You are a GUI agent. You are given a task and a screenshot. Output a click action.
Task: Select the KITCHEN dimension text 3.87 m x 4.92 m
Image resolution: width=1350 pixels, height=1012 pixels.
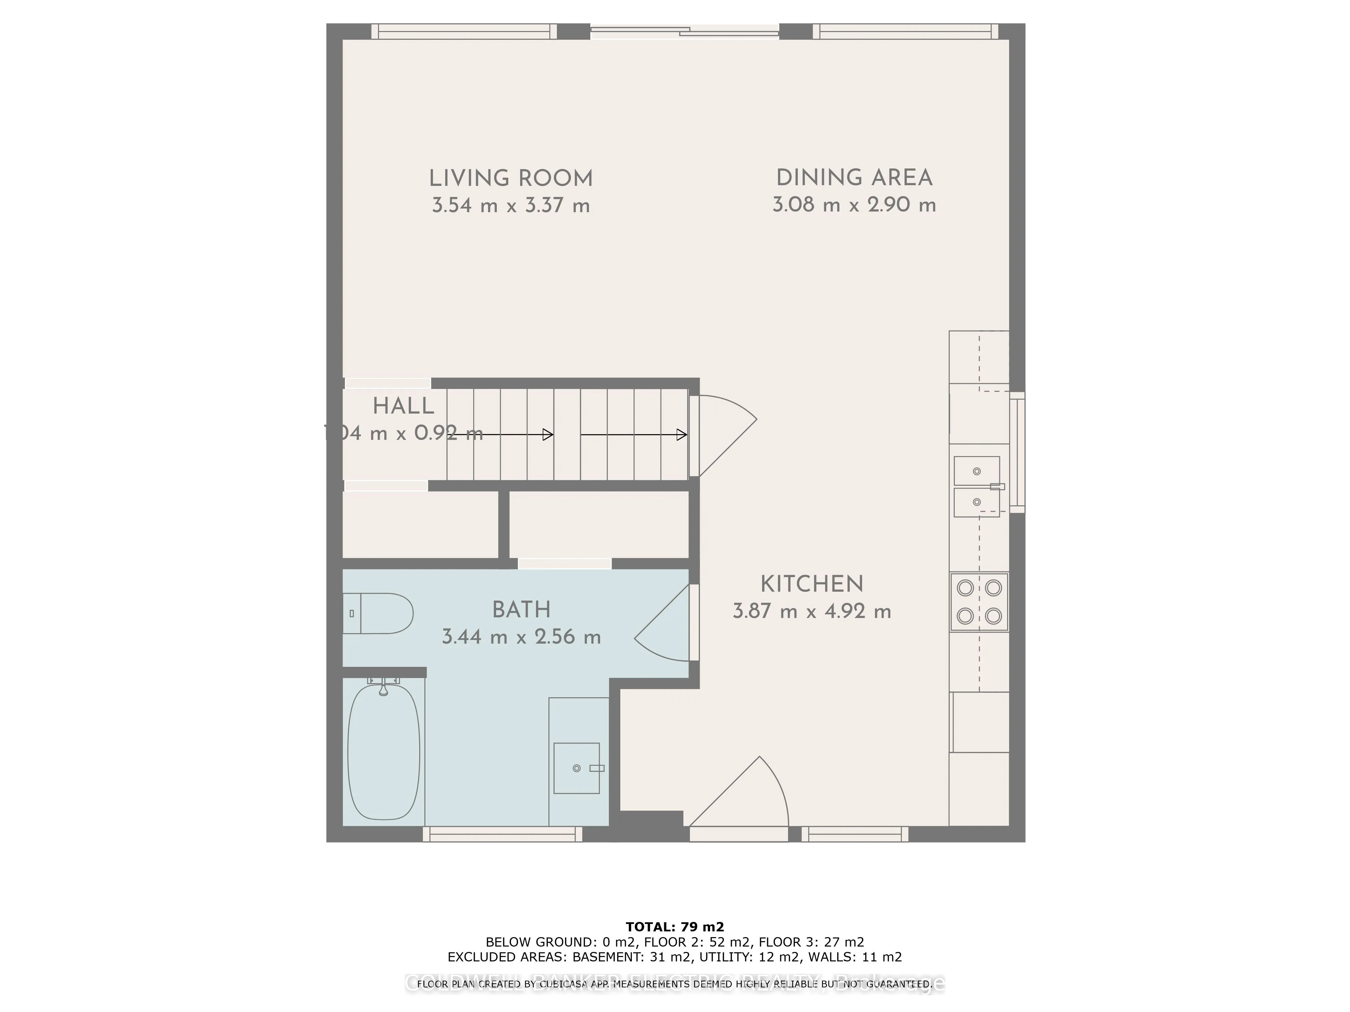812,611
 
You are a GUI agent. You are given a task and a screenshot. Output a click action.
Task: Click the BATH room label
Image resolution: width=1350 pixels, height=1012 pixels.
521,610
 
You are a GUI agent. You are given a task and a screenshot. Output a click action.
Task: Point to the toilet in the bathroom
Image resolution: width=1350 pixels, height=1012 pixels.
378,613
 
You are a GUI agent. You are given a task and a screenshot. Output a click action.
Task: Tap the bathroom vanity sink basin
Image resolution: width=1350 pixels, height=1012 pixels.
576,768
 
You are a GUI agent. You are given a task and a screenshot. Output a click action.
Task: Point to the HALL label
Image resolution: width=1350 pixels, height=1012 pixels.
403,406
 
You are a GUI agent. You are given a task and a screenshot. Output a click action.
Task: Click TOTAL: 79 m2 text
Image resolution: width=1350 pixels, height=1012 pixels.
674,928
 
